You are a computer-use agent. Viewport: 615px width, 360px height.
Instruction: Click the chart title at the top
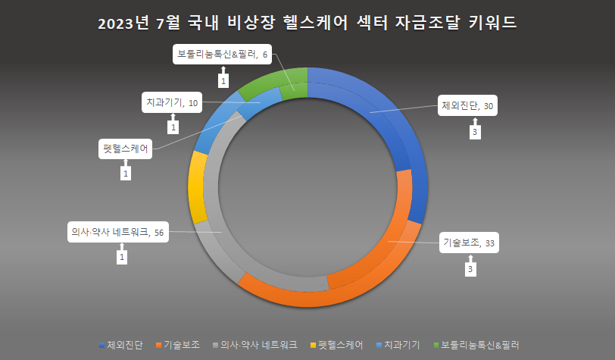(x=307, y=23)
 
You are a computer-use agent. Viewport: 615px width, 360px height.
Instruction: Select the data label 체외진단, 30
(x=467, y=107)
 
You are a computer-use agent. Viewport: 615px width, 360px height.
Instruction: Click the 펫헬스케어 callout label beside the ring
(x=125, y=149)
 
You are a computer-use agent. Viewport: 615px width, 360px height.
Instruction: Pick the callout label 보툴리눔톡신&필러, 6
(x=223, y=54)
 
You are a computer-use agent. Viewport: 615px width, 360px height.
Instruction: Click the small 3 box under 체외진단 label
(x=475, y=133)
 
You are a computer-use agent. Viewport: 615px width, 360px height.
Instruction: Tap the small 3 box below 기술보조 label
(x=470, y=269)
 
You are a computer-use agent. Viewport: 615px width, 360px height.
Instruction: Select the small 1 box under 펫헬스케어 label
(x=126, y=174)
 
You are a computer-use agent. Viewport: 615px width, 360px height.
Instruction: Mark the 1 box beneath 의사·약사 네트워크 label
(x=121, y=258)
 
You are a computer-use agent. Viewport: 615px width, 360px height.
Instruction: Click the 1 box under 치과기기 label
(x=173, y=127)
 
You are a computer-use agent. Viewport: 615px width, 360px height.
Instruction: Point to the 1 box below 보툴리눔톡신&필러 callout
(x=223, y=79)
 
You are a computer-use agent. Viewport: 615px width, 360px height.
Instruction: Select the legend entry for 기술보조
(x=180, y=344)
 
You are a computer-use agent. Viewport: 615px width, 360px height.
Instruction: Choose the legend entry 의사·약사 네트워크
(x=257, y=344)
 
